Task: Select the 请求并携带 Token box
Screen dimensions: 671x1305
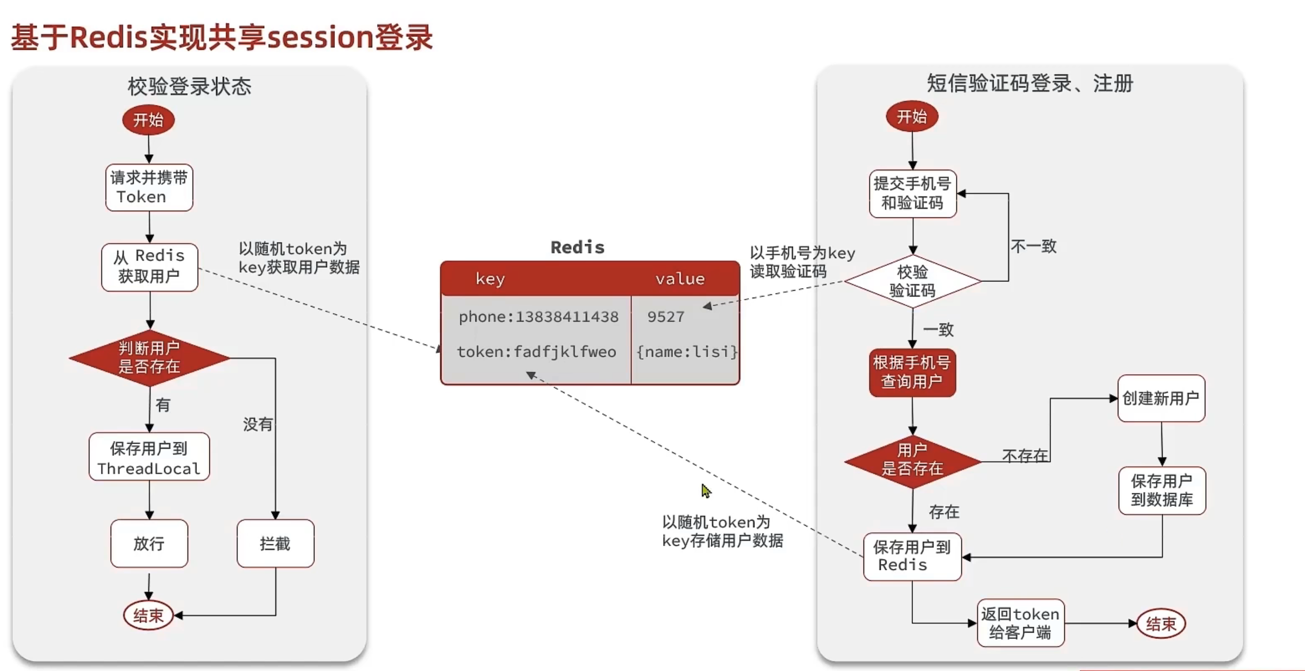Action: pyautogui.click(x=149, y=187)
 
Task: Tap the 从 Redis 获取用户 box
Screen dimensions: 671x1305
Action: pyautogui.click(x=149, y=267)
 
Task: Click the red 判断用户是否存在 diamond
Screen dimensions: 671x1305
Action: pyautogui.click(x=149, y=357)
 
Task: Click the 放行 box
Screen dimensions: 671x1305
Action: pyautogui.click(x=149, y=543)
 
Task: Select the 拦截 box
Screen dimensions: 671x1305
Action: pyautogui.click(x=275, y=543)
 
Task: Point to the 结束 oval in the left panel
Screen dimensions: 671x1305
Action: pyautogui.click(x=148, y=615)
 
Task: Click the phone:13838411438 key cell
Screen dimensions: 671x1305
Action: pyautogui.click(x=538, y=317)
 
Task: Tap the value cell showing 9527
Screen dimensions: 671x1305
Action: pyautogui.click(x=666, y=317)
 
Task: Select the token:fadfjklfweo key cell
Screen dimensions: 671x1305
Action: pyautogui.click(x=536, y=352)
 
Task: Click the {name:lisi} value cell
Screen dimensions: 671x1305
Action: pyautogui.click(x=686, y=352)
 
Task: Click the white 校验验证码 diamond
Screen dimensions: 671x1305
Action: pyautogui.click(x=912, y=281)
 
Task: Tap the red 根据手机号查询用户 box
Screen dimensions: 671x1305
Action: pyautogui.click(x=912, y=372)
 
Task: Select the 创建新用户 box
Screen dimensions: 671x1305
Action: pyautogui.click(x=1161, y=398)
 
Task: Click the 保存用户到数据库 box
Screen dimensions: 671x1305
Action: pyautogui.click(x=1161, y=490)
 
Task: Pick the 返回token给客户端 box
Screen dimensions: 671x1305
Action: pyautogui.click(x=1020, y=623)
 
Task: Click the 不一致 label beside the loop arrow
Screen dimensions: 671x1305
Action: pyautogui.click(x=1034, y=246)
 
